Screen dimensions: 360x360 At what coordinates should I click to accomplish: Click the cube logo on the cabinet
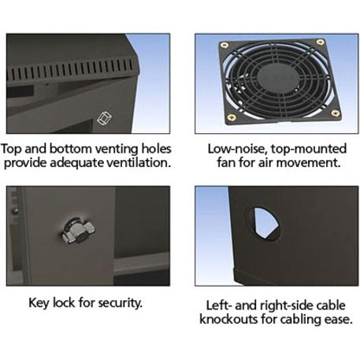(104, 118)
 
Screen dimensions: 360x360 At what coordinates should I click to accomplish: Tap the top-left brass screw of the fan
(225, 45)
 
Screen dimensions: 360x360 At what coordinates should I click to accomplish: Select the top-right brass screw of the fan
(320, 42)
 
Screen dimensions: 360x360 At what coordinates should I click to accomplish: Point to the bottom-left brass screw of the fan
(232, 117)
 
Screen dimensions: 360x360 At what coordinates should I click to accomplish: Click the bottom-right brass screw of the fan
(335, 113)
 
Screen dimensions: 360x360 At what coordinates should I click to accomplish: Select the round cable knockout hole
(263, 224)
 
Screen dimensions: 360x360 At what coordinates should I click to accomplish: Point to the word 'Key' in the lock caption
(39, 302)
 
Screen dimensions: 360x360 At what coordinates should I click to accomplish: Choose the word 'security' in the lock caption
(120, 303)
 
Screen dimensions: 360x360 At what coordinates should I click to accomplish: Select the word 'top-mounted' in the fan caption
(309, 150)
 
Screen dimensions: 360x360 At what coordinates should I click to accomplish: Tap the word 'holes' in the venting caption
(156, 149)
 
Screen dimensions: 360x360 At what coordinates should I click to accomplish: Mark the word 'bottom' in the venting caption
(70, 149)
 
